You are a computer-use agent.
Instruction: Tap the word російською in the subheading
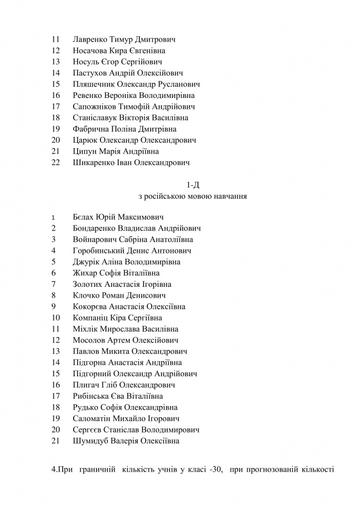[x=165, y=196]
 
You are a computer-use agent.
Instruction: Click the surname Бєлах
[x=83, y=217]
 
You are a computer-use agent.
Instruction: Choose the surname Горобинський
[x=97, y=251]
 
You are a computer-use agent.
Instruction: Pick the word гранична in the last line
[x=96, y=470]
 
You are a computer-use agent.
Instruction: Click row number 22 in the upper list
[x=56, y=162]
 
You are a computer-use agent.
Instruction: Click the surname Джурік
[x=86, y=262]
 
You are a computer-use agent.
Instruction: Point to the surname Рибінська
[x=91, y=396]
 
